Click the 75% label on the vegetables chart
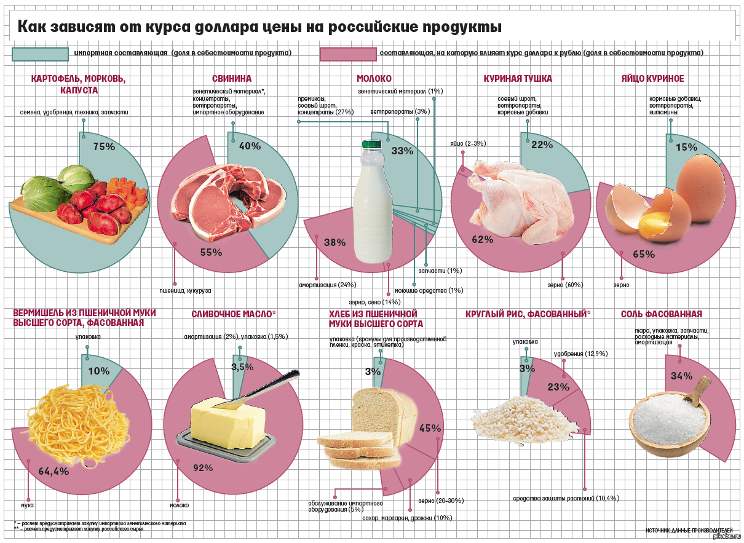click(x=104, y=146)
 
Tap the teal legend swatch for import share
click(x=40, y=54)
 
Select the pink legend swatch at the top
click(x=347, y=54)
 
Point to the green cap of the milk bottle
click(x=371, y=145)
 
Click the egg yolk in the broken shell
click(x=656, y=218)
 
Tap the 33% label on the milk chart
click(x=402, y=151)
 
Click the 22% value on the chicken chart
click(x=542, y=145)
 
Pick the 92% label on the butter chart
click(x=203, y=468)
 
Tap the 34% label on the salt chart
click(x=681, y=376)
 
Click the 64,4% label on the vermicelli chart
click(x=53, y=472)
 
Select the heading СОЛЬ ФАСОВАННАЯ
click(x=661, y=314)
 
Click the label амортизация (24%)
click(x=328, y=285)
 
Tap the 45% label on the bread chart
click(x=430, y=428)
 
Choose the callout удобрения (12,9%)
click(x=580, y=354)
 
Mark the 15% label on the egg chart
click(x=686, y=147)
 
